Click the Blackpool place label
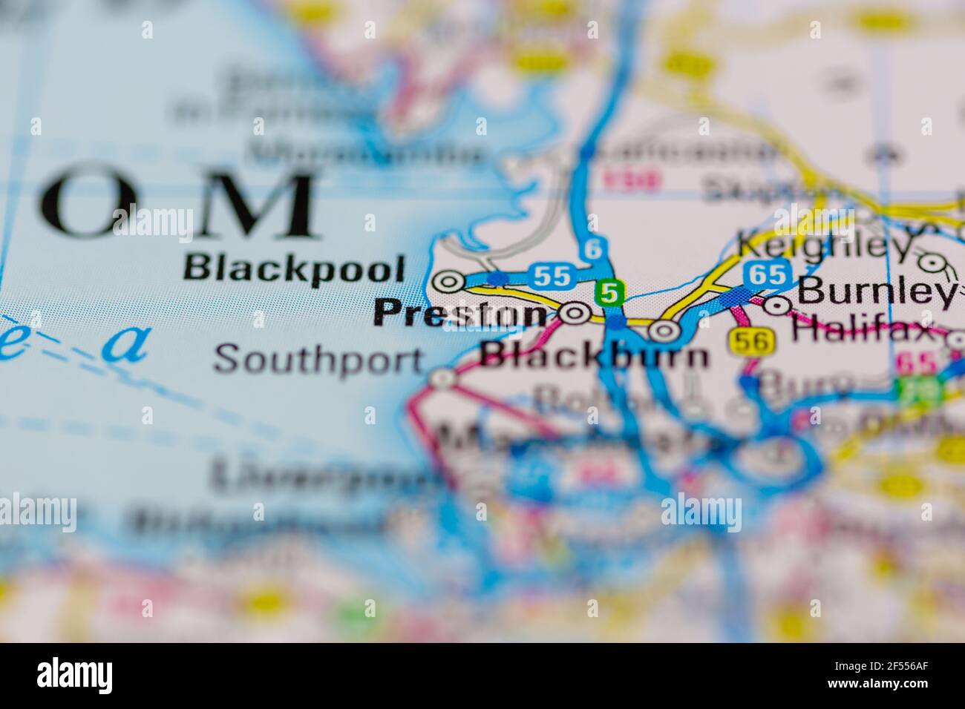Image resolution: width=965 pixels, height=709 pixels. click(294, 268)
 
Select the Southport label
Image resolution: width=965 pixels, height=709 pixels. click(319, 360)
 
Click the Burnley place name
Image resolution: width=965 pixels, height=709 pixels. click(876, 293)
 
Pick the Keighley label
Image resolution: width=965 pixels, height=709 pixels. click(823, 245)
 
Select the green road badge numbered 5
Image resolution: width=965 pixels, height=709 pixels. click(609, 294)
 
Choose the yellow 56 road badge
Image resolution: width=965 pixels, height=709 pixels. click(752, 340)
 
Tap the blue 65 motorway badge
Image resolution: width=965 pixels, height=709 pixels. click(767, 274)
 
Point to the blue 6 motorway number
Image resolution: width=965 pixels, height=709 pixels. click(592, 251)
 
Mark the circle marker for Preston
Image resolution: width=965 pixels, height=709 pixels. click(574, 314)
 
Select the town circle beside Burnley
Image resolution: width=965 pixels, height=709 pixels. click(777, 304)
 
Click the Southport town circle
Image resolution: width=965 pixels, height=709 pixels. click(443, 380)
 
